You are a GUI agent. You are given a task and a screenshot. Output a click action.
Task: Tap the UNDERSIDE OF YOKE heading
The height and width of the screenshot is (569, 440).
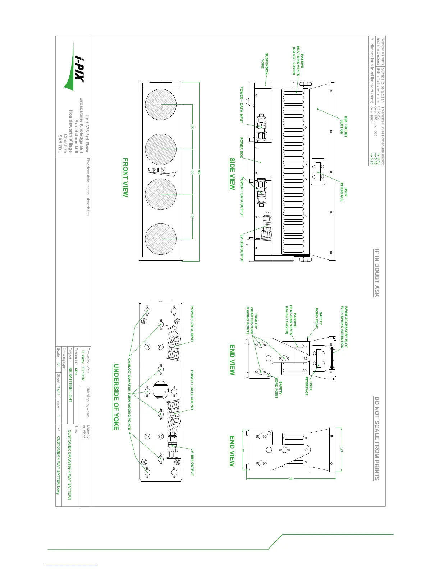pyautogui.click(x=116, y=397)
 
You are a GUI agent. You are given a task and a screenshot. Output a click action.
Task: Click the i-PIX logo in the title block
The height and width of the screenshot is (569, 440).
pyautogui.click(x=74, y=66)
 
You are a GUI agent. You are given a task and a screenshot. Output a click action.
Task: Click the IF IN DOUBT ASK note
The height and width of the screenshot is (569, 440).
pyautogui.click(x=376, y=273)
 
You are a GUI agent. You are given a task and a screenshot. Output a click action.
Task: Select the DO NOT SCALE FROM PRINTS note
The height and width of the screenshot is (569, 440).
pyautogui.click(x=376, y=438)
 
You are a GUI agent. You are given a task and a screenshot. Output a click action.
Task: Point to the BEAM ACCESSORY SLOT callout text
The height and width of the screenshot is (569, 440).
pyautogui.click(x=344, y=327)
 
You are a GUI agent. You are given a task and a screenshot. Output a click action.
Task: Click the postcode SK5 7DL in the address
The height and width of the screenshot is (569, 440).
pyautogui.click(x=60, y=144)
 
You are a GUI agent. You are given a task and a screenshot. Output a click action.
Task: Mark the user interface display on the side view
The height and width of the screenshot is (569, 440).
pyautogui.click(x=318, y=172)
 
